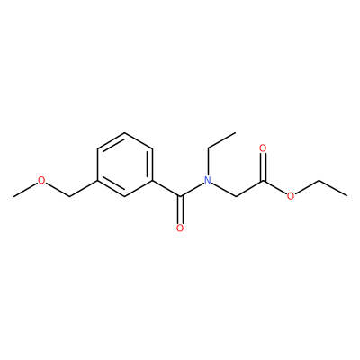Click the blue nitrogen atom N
(x=208, y=180)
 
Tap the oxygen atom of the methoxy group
(x=41, y=180)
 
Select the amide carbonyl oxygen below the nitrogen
(x=180, y=229)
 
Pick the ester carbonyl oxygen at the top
(x=263, y=148)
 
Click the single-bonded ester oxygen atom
(x=291, y=196)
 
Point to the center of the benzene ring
(x=125, y=165)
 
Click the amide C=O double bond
(x=180, y=210)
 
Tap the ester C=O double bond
(x=263, y=166)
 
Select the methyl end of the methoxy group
(x=14, y=196)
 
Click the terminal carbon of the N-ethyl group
(x=235, y=132)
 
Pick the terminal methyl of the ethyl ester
(x=347, y=196)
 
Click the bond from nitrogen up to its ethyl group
(x=208, y=162)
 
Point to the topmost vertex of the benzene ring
(x=125, y=132)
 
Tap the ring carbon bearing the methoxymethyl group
(x=97, y=181)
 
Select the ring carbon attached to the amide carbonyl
(x=152, y=181)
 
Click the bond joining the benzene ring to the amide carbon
(x=166, y=188)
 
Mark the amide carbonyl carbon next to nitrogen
(x=180, y=196)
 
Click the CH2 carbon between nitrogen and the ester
(x=236, y=196)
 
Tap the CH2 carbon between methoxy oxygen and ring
(x=69, y=196)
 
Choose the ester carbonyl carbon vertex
(x=263, y=181)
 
